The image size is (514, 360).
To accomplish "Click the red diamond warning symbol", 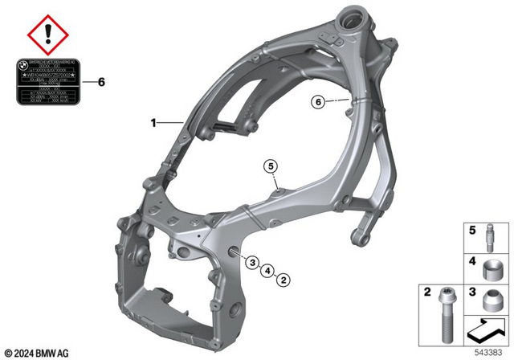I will click(48, 35).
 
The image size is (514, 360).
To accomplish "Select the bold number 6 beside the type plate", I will click(100, 82).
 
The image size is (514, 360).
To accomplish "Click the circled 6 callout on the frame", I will click(318, 102).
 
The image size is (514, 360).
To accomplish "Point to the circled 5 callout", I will click(272, 166).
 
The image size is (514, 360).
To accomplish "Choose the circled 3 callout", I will click(251, 262).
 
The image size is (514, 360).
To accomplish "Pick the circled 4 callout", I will click(267, 270).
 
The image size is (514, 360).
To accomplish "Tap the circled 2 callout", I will click(283, 279).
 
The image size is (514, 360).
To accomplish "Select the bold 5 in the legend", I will click(472, 229).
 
